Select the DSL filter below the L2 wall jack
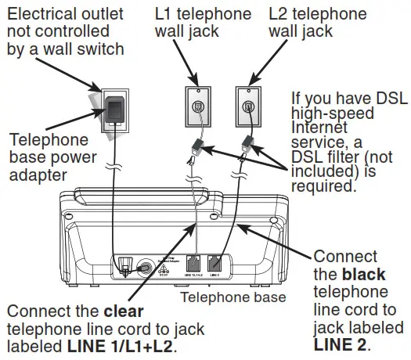[248, 143]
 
